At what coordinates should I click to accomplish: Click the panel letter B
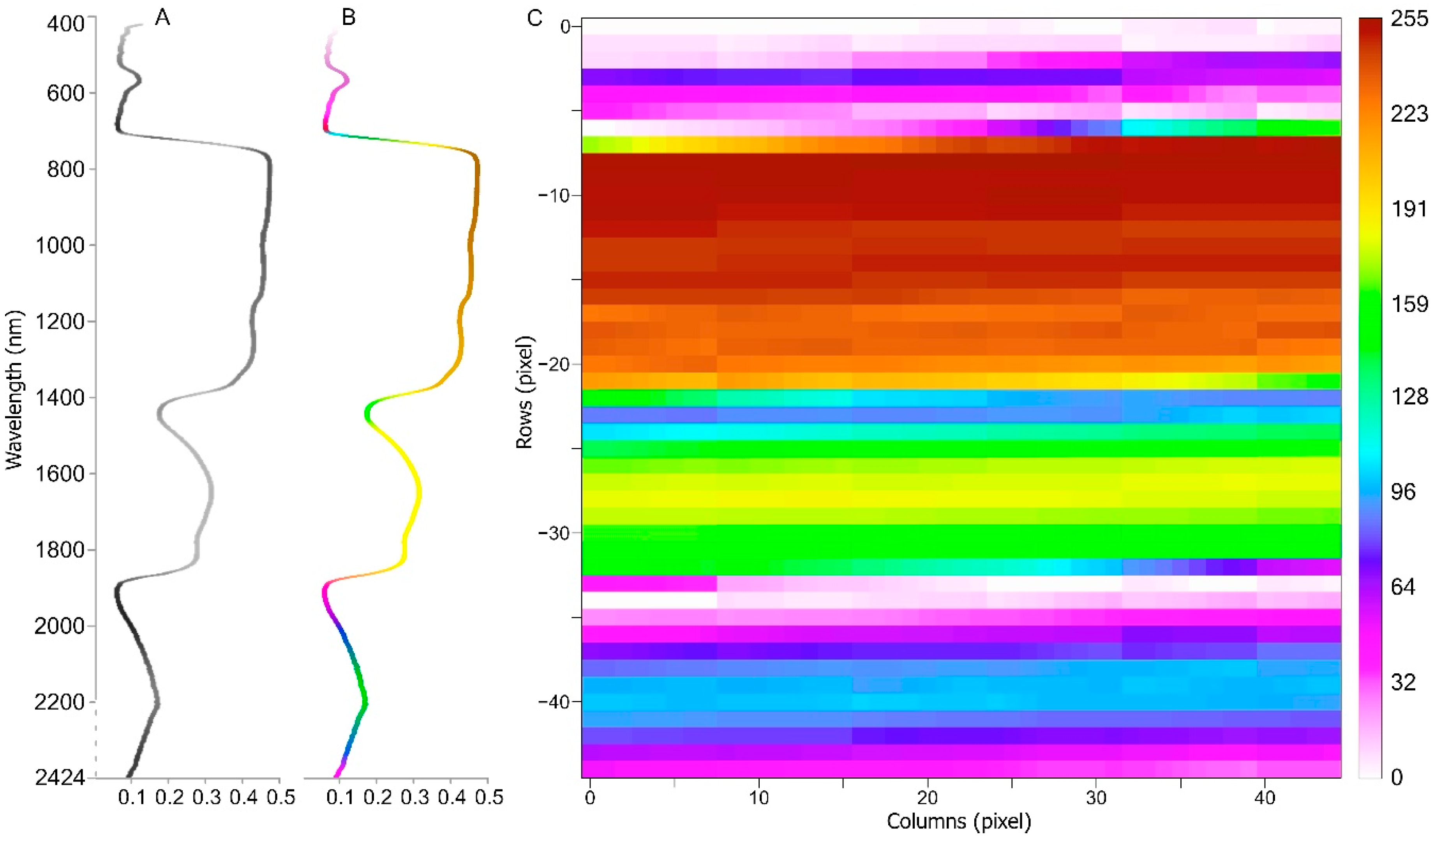click(348, 18)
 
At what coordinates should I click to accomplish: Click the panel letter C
click(535, 18)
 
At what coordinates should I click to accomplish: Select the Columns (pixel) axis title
click(959, 821)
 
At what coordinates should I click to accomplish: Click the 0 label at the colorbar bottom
click(1397, 777)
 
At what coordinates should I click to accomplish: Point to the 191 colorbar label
click(1409, 209)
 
